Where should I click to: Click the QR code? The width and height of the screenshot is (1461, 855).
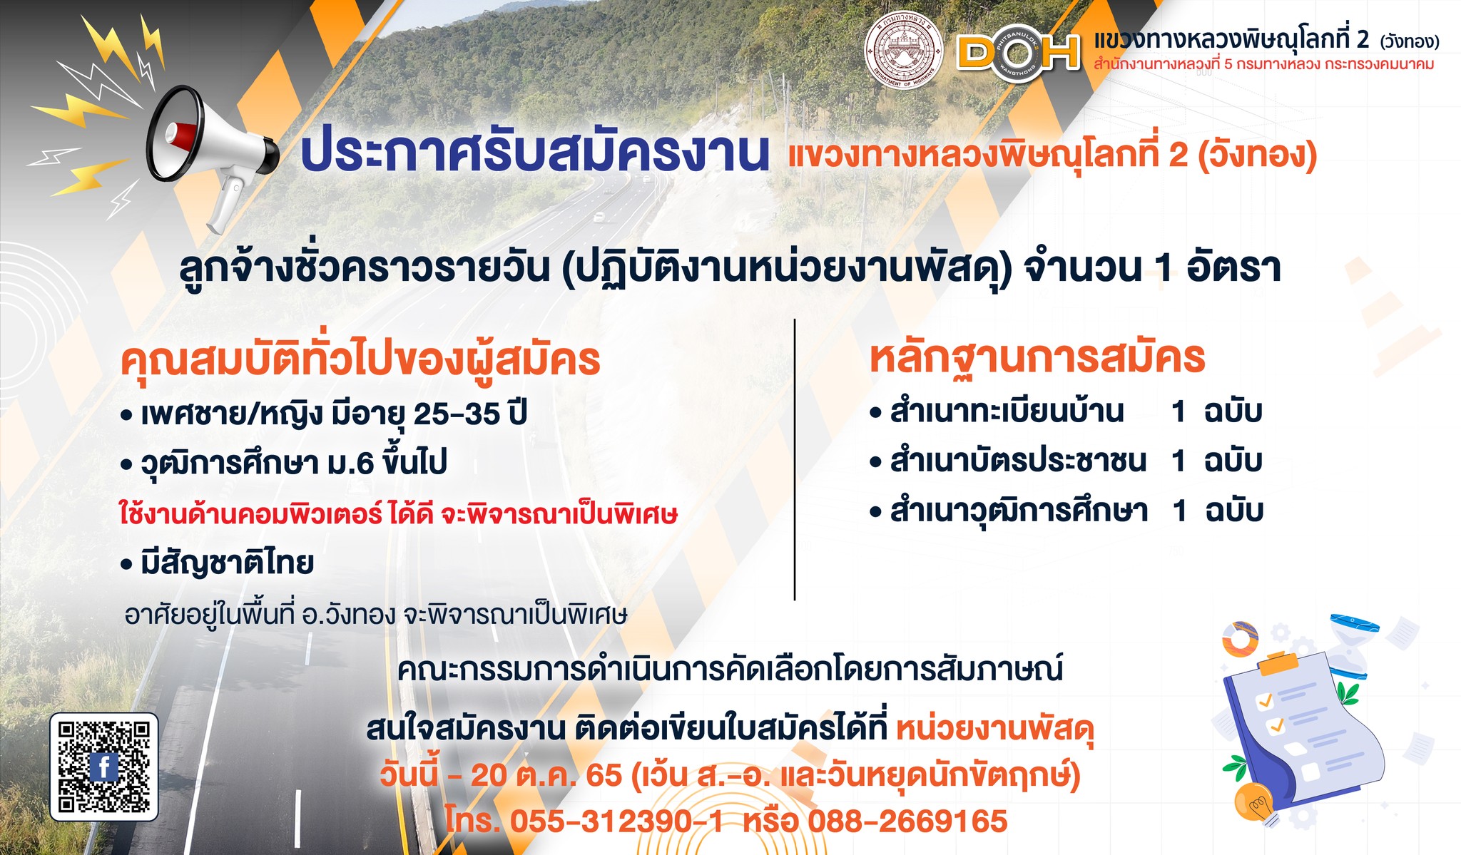[104, 767]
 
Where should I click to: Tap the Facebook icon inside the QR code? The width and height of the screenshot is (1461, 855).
[104, 767]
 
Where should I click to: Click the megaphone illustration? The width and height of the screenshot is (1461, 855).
[212, 154]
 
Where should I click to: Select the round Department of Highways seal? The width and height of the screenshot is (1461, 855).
[904, 50]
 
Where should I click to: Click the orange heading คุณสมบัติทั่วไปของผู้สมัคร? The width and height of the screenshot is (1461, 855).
[360, 360]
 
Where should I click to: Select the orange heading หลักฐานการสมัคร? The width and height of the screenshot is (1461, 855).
[1037, 358]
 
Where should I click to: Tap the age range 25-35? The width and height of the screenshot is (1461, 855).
[457, 414]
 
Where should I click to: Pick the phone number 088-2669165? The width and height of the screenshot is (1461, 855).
[907, 821]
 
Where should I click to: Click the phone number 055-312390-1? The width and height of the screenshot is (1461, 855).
[616, 821]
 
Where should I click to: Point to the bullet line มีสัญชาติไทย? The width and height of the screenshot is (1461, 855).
[218, 563]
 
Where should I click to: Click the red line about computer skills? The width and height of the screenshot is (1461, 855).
[398, 513]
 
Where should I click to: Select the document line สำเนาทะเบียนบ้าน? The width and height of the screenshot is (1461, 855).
[997, 412]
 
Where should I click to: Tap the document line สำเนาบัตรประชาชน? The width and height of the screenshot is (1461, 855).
[1009, 461]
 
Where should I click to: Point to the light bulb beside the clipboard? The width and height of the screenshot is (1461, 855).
[1257, 803]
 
